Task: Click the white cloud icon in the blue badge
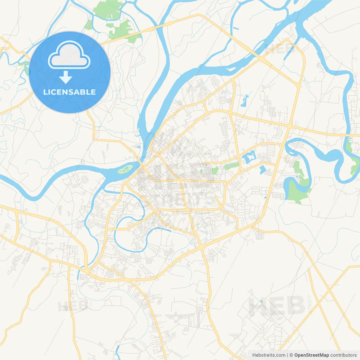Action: [69, 55]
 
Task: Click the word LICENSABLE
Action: [69, 92]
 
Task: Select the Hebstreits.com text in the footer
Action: [269, 355]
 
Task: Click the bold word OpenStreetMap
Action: [311, 355]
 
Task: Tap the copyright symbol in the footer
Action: [291, 355]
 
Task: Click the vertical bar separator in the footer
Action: [287, 355]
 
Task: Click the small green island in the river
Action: [125, 170]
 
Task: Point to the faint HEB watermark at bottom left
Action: [73, 306]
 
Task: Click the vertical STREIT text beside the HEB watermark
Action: [309, 304]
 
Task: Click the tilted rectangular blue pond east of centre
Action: [262, 169]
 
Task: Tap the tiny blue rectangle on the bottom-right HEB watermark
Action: [262, 301]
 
